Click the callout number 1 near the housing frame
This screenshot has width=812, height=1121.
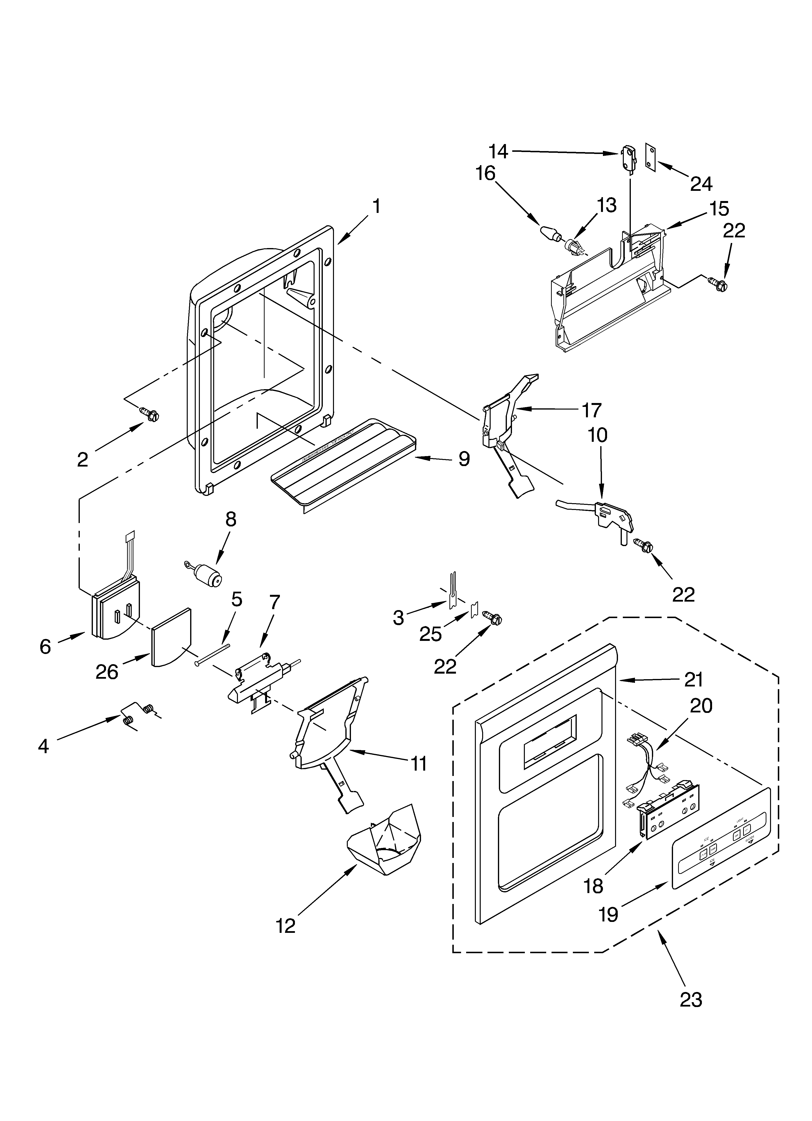pyautogui.click(x=376, y=207)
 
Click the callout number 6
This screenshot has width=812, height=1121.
pyautogui.click(x=45, y=646)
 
